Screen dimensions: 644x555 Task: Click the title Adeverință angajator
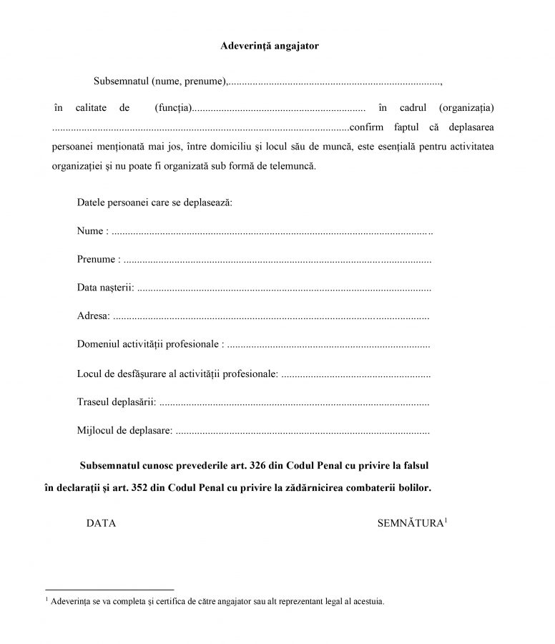point(269,46)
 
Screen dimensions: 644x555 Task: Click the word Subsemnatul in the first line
point(119,80)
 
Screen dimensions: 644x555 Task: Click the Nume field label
point(90,232)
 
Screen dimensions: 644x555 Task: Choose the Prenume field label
point(96,260)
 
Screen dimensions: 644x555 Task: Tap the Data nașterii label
point(104,288)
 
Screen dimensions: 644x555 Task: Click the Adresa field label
point(93,316)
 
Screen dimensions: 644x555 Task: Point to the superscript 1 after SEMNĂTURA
point(446,520)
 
